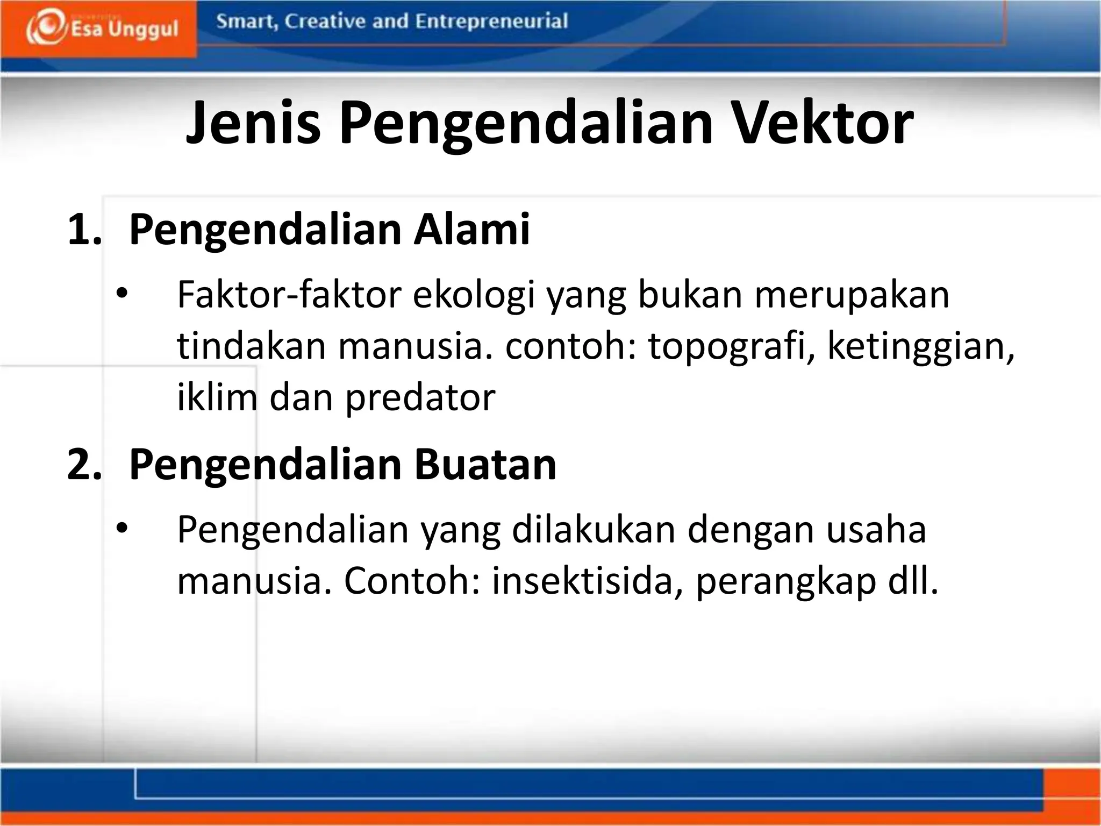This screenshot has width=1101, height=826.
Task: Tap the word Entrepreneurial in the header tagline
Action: pos(491,22)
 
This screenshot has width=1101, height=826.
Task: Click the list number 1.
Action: pos(84,230)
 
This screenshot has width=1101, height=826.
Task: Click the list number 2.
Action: pos(84,465)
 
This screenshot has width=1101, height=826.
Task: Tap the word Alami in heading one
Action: pos(471,229)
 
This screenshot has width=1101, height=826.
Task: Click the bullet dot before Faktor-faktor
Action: pos(122,294)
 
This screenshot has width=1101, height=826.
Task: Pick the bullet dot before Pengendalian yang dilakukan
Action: pos(122,529)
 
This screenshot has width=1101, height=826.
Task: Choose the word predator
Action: pos(420,398)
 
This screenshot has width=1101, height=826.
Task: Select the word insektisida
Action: pos(583,581)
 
